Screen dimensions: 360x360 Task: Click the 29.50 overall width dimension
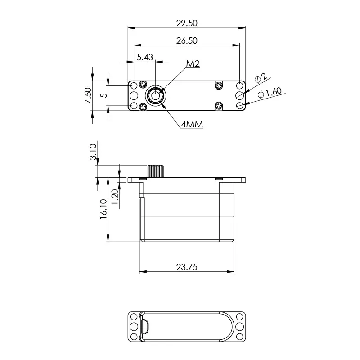tap(187, 22)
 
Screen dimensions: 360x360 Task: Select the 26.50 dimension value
tap(187, 40)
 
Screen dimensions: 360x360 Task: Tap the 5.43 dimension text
tap(145, 57)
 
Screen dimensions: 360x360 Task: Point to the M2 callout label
tap(193, 64)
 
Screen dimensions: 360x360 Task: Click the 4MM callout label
tap(192, 125)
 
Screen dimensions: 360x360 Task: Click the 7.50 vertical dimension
tap(88, 95)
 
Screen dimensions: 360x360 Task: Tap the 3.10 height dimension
tap(93, 152)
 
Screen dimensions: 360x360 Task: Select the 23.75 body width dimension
tap(187, 266)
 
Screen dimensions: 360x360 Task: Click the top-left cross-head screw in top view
tap(144, 84)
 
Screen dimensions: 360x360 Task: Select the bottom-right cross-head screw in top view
tap(219, 106)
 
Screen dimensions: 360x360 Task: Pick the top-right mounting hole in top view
tap(240, 85)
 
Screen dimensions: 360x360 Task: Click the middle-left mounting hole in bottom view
tap(134, 326)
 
